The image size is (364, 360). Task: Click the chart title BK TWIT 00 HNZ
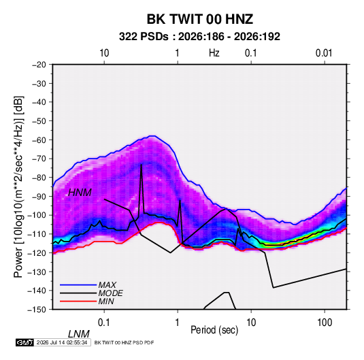coord(200,19)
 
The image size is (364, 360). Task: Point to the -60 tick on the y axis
coord(39,140)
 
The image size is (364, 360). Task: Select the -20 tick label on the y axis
coord(39,65)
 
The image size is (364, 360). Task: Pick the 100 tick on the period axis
coord(325,323)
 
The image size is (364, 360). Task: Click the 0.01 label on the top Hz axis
coord(324,53)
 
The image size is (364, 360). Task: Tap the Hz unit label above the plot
coord(214,53)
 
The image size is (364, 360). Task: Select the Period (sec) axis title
coord(214,330)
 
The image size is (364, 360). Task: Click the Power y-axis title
coord(18,186)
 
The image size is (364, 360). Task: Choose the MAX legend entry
coord(107,284)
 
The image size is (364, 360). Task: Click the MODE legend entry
coord(110,293)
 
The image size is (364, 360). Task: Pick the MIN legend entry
coord(106,301)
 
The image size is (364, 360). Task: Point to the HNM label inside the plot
coord(80,193)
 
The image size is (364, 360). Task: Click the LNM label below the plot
coord(79,334)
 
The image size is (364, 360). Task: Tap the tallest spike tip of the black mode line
coord(141,165)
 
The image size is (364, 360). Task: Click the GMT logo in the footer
coord(25,342)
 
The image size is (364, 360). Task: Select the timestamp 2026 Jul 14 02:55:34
coord(62,342)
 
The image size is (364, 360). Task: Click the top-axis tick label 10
coord(104,53)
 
